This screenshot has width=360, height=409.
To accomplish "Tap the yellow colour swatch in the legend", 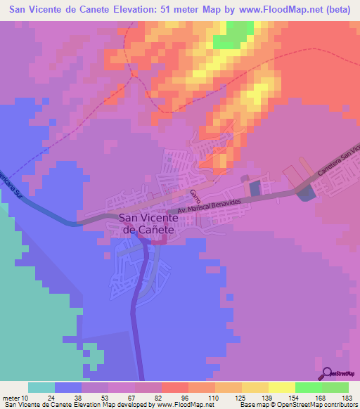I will (x=281, y=387).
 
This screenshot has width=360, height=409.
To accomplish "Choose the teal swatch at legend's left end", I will (x=41, y=387).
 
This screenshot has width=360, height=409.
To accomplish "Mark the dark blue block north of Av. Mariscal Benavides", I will (x=255, y=188).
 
